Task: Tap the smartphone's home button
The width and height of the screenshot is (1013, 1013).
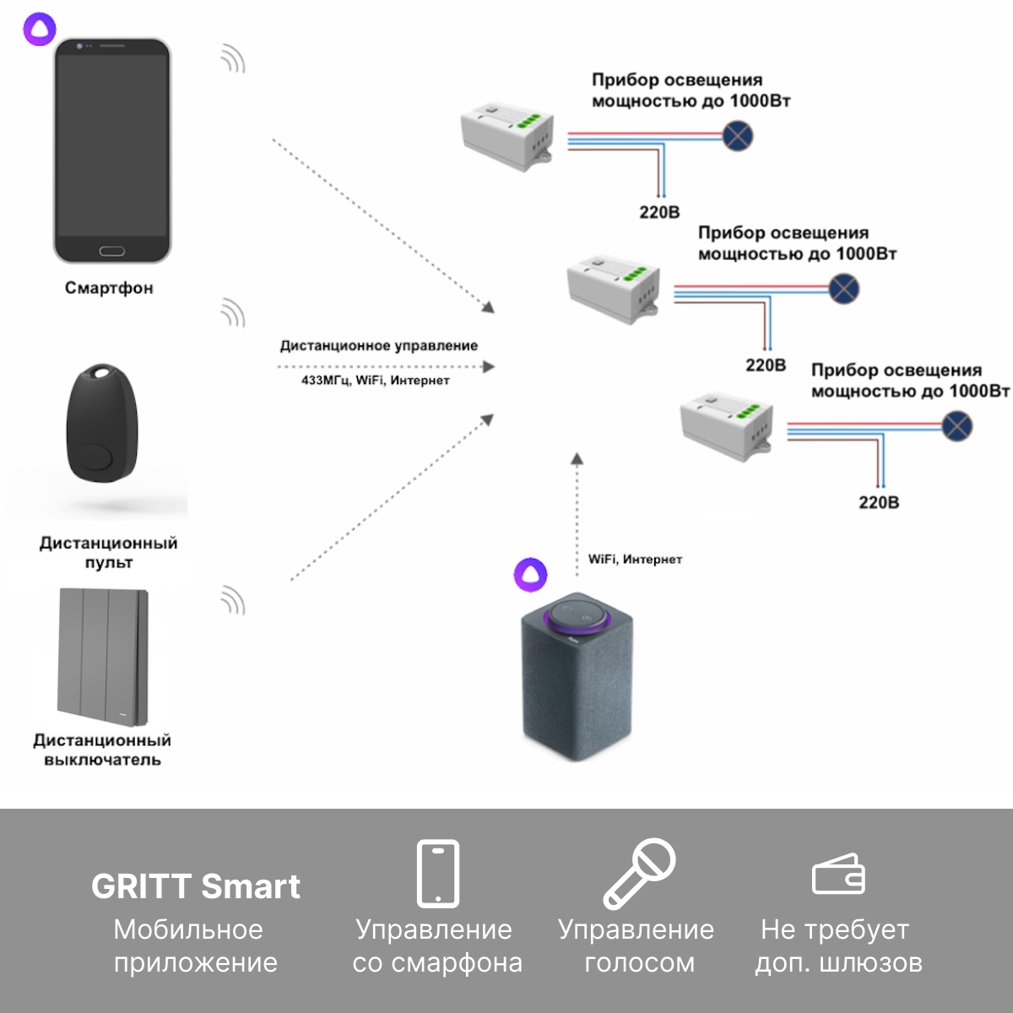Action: click(x=112, y=252)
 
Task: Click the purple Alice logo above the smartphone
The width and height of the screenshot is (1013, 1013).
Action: click(x=40, y=29)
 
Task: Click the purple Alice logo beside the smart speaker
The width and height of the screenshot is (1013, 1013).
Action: click(x=530, y=575)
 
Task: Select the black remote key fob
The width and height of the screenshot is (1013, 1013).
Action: click(x=102, y=422)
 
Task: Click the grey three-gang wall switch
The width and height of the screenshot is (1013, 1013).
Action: click(x=102, y=657)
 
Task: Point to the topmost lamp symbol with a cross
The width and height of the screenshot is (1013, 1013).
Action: click(x=738, y=136)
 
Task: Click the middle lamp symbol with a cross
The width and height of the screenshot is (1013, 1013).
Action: click(x=843, y=289)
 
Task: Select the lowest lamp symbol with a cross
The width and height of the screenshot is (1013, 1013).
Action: click(x=956, y=425)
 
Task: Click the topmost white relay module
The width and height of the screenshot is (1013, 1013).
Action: click(x=507, y=136)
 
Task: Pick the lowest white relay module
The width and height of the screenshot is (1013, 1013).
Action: click(x=727, y=427)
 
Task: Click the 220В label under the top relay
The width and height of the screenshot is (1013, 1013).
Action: click(x=659, y=213)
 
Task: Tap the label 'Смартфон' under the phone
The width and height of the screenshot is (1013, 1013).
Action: click(x=109, y=288)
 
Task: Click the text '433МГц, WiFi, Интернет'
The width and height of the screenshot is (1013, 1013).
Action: click(x=376, y=380)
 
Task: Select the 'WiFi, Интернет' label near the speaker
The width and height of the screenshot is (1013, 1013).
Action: click(x=635, y=560)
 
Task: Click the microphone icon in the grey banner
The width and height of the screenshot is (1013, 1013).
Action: click(x=639, y=875)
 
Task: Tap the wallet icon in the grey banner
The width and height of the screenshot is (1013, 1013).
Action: click(x=838, y=874)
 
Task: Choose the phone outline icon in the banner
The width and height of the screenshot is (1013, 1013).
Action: click(x=438, y=874)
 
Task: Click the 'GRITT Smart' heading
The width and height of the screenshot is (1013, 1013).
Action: click(x=196, y=887)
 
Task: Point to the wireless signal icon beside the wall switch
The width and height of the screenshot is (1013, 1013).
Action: click(x=233, y=600)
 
